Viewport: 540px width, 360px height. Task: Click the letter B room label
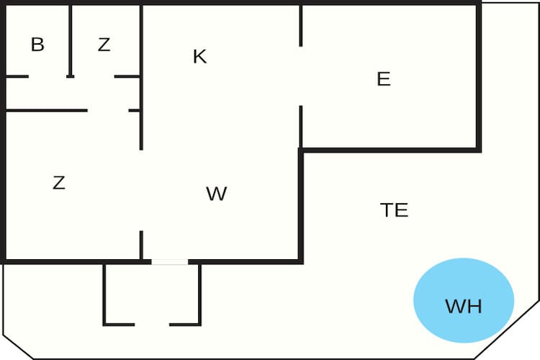click(37, 44)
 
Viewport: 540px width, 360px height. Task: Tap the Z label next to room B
click(104, 45)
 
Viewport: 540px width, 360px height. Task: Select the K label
click(199, 56)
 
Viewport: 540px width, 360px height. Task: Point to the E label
click(384, 79)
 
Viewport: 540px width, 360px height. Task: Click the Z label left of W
click(59, 183)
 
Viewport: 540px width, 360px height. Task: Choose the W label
click(216, 194)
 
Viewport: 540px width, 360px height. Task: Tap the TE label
click(395, 210)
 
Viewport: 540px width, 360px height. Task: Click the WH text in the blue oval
click(464, 306)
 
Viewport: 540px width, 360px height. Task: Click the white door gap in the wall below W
click(170, 262)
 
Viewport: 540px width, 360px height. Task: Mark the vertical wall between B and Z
click(71, 40)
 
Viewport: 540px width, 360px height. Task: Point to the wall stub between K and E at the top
click(301, 26)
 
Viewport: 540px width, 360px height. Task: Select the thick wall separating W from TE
click(301, 206)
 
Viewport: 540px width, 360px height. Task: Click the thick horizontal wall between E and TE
click(390, 150)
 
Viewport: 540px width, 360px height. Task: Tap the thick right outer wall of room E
click(479, 77)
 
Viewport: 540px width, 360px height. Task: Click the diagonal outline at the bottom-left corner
click(18, 346)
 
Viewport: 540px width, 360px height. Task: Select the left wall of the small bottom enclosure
click(104, 294)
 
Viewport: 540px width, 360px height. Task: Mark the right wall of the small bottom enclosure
click(199, 294)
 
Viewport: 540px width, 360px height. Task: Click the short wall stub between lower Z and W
click(141, 246)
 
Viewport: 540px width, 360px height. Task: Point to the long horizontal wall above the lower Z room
click(47, 111)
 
